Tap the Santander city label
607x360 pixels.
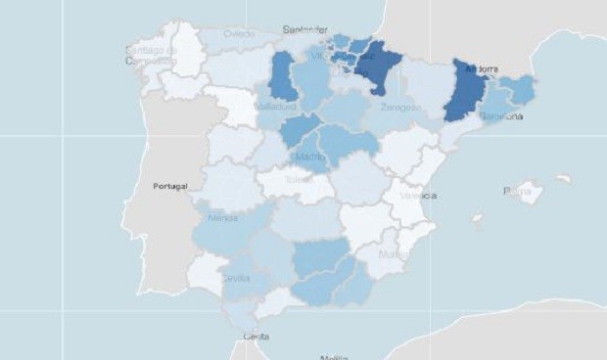pyautogui.click(x=304, y=30)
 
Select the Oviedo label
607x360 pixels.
pyautogui.click(x=239, y=33)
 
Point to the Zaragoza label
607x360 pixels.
pyautogui.click(x=400, y=107)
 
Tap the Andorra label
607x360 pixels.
pyautogui.click(x=483, y=69)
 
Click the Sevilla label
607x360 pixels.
pyautogui.click(x=236, y=279)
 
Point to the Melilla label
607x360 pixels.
pyautogui.click(x=334, y=356)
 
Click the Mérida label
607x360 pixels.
pyautogui.click(x=222, y=218)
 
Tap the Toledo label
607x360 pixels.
pyautogui.click(x=296, y=180)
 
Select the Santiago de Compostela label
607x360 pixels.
pyautogui.click(x=151, y=54)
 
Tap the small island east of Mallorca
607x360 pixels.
pyautogui.click(x=563, y=179)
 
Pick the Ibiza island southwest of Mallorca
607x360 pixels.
pyautogui.click(x=476, y=219)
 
